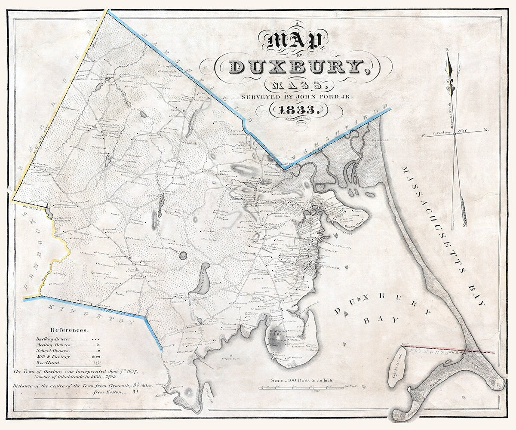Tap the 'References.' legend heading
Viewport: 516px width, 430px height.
click(x=70, y=330)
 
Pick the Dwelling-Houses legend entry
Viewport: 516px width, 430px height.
click(x=54, y=339)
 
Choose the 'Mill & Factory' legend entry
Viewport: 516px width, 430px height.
click(x=52, y=356)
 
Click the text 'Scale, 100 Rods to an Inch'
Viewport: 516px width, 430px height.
click(x=303, y=381)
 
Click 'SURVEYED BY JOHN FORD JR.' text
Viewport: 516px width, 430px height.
click(x=297, y=97)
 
